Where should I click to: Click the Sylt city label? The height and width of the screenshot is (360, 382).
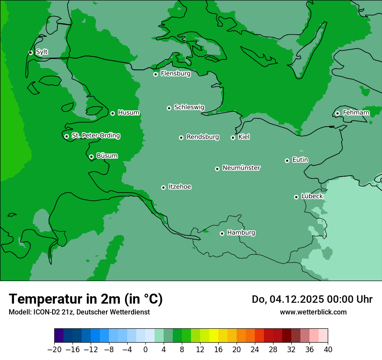click(x=42, y=52)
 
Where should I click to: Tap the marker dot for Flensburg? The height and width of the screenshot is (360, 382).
click(x=155, y=74)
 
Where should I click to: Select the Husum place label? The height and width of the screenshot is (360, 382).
click(x=128, y=113)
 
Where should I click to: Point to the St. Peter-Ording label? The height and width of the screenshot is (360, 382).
click(x=95, y=136)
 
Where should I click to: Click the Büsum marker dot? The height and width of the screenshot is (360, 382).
click(x=91, y=157)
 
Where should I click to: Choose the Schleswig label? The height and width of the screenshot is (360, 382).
click(x=189, y=107)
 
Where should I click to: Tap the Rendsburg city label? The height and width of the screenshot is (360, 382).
click(x=203, y=137)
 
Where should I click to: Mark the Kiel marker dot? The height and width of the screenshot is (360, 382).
click(x=233, y=137)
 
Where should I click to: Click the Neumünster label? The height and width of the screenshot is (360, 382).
click(x=241, y=168)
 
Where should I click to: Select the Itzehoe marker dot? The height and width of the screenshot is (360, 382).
click(x=163, y=187)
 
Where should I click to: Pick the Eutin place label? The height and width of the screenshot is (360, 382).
click(x=300, y=160)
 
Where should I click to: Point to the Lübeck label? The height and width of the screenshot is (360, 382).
click(x=312, y=196)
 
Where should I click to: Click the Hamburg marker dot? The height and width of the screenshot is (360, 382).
click(x=222, y=233)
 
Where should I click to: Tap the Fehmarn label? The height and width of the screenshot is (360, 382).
click(x=356, y=113)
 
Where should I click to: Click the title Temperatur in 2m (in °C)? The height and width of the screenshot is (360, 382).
click(x=86, y=299)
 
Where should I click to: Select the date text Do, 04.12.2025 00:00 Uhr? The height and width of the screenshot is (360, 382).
click(x=312, y=299)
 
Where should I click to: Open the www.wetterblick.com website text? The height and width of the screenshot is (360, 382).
click(x=313, y=312)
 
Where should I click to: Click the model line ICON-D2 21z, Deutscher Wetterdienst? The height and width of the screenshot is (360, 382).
click(x=79, y=312)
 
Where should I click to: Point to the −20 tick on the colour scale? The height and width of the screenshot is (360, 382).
click(x=54, y=349)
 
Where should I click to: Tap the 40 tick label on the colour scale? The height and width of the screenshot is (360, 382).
click(x=328, y=349)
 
